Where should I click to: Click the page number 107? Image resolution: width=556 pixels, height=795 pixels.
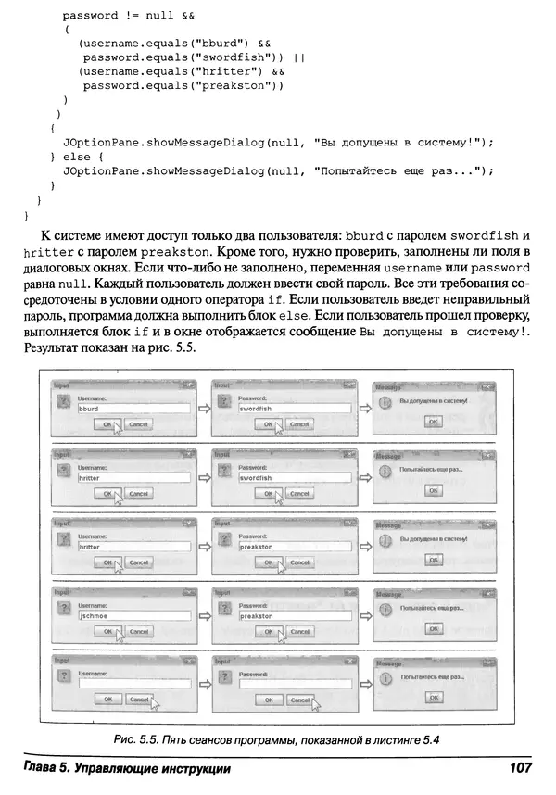tap(519, 769)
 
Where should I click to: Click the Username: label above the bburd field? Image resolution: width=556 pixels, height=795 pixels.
tap(94, 397)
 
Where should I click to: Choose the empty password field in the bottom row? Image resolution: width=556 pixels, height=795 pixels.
tap(294, 684)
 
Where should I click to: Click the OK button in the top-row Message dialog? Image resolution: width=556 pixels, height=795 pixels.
tap(431, 421)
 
